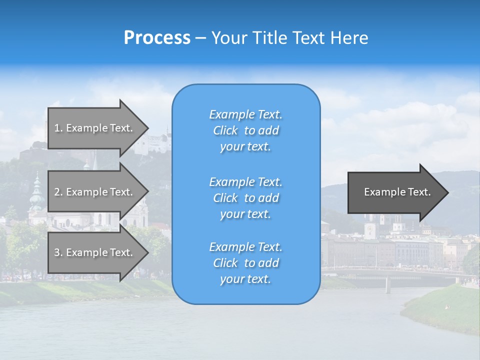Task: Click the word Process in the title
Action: pyautogui.click(x=157, y=38)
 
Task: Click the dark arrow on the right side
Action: pyautogui.click(x=395, y=192)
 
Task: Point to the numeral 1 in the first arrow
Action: pyautogui.click(x=57, y=128)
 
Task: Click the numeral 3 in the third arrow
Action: pyautogui.click(x=57, y=253)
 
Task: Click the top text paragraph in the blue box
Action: pyautogui.click(x=245, y=130)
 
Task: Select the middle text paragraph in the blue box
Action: pyautogui.click(x=245, y=198)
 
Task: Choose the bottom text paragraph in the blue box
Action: pyautogui.click(x=245, y=263)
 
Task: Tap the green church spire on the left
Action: pyautogui.click(x=36, y=192)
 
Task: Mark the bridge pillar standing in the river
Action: pyautogui.click(x=387, y=284)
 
